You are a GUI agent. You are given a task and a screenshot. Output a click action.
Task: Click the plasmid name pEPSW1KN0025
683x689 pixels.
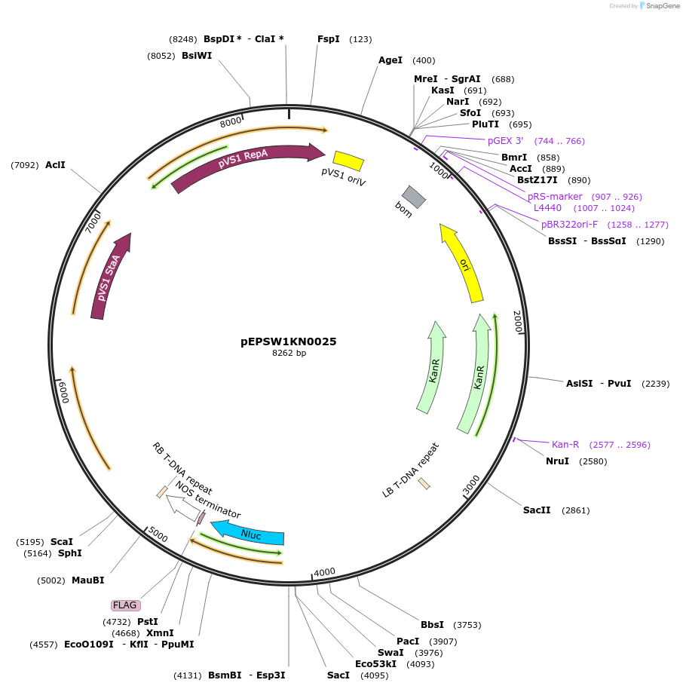(289, 341)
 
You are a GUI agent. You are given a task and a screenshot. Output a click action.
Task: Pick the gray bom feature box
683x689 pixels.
(414, 197)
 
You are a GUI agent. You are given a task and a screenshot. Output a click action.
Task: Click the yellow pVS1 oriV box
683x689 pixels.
(348, 161)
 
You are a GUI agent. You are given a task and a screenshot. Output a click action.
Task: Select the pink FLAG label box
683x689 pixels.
(125, 605)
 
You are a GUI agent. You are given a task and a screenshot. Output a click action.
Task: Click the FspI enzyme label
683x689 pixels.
(329, 39)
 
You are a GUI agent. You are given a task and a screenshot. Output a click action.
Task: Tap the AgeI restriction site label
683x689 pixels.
(391, 60)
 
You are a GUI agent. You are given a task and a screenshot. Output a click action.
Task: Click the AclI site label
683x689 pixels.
(55, 164)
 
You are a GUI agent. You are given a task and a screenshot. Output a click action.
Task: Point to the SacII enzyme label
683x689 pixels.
(537, 510)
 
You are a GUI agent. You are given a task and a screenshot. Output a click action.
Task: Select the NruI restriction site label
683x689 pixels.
(557, 461)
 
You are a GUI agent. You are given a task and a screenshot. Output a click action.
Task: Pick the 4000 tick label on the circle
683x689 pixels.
(324, 572)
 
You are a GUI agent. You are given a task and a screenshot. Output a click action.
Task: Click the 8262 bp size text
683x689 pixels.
(289, 354)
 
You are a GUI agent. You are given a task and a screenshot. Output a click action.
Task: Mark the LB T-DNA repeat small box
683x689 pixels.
(424, 483)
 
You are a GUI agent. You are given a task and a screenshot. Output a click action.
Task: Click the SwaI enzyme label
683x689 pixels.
(391, 652)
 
